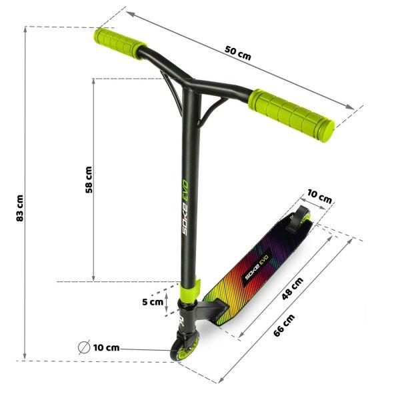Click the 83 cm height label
20,208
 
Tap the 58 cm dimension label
89,179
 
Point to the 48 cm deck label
293,288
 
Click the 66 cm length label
284,325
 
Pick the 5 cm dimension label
153,302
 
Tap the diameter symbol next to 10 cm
84,347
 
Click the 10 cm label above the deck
319,196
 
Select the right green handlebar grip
291,115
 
